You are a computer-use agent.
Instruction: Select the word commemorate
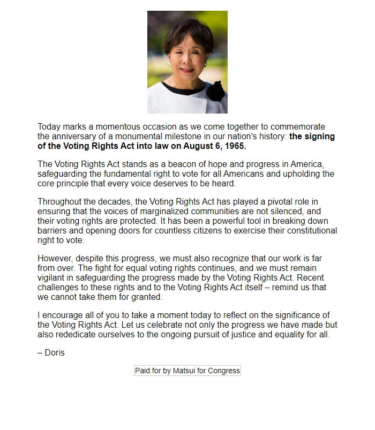298,127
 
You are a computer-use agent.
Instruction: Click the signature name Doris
55,353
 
